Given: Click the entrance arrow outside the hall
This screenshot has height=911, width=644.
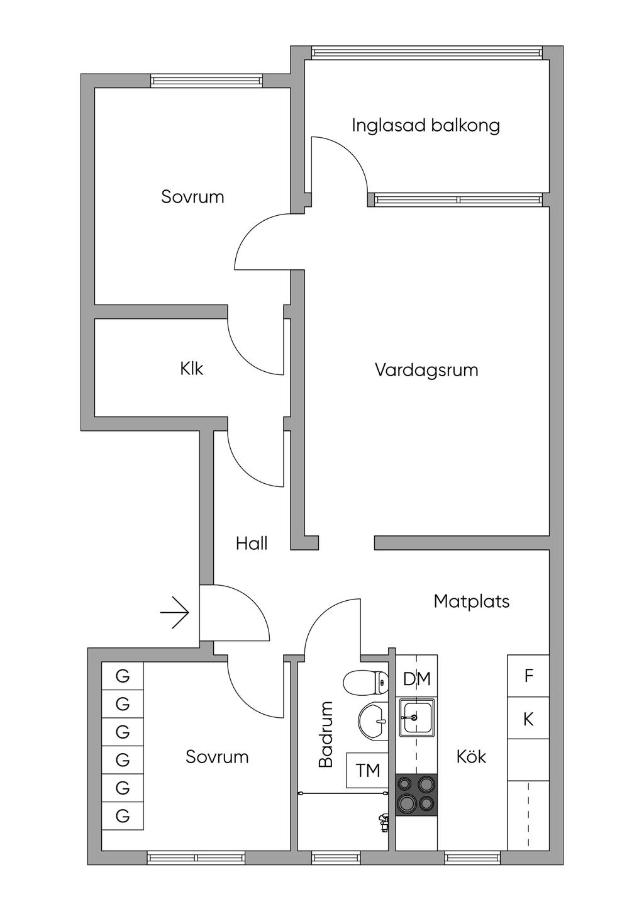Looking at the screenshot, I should pyautogui.click(x=175, y=613).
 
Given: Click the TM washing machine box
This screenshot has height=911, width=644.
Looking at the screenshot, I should pyautogui.click(x=367, y=770).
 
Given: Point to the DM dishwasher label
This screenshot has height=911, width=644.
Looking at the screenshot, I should pyautogui.click(x=416, y=679).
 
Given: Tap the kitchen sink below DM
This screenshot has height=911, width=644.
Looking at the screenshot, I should pyautogui.click(x=416, y=717).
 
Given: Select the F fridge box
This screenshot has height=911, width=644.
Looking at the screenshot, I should pyautogui.click(x=528, y=676).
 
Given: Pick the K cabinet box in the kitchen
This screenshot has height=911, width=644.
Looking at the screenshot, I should pyautogui.click(x=528, y=718).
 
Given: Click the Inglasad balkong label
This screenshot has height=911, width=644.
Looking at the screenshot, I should pyautogui.click(x=426, y=125).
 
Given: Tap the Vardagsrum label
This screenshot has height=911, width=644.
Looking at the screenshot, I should pyautogui.click(x=426, y=370).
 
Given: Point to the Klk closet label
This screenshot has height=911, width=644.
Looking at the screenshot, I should pyautogui.click(x=192, y=369).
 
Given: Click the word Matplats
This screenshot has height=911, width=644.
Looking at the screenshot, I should pyautogui.click(x=472, y=601).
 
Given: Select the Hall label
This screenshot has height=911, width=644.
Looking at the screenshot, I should pyautogui.click(x=252, y=544).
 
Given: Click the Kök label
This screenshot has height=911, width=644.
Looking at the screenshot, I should pyautogui.click(x=472, y=756).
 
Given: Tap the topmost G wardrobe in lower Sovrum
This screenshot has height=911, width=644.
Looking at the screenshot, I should pyautogui.click(x=123, y=676).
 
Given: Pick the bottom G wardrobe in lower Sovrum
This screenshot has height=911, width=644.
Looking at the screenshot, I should pyautogui.click(x=123, y=816).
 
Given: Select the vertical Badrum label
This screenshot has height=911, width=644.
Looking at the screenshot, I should pyautogui.click(x=325, y=735).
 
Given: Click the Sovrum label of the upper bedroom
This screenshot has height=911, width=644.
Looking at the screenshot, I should pyautogui.click(x=192, y=197).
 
